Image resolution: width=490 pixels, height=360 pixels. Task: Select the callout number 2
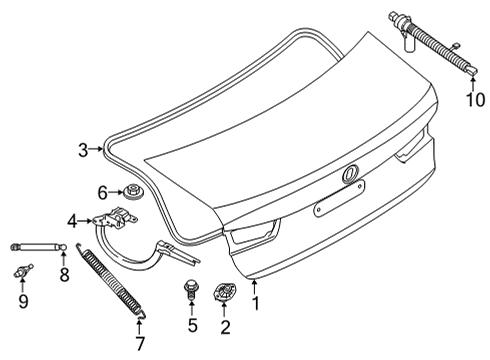224,325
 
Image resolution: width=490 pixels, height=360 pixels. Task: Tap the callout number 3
83,151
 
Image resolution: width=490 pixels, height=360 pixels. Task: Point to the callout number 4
72,220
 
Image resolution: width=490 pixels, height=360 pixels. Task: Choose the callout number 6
103,191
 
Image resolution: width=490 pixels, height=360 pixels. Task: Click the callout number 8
63,273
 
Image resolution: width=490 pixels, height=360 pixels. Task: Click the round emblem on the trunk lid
351,176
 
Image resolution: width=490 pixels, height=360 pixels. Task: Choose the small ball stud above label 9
22,271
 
